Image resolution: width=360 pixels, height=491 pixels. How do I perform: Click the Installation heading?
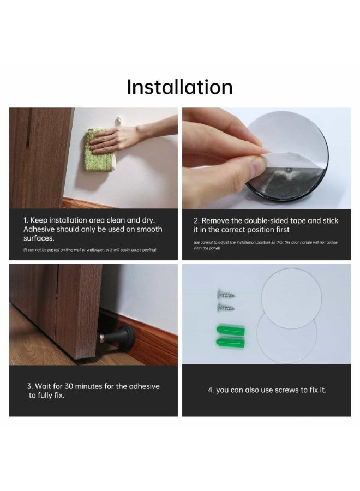click(179, 87)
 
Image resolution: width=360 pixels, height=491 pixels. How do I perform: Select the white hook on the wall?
click(118, 121)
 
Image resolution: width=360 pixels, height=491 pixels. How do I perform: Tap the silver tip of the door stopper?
click(102, 337)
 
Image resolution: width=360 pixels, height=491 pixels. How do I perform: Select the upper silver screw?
click(226, 295)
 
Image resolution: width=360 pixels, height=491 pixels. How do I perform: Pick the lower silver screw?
click(226, 308)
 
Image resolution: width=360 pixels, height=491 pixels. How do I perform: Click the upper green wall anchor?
click(231, 331)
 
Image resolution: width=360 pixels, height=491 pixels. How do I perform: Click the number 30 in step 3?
click(69, 386)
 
